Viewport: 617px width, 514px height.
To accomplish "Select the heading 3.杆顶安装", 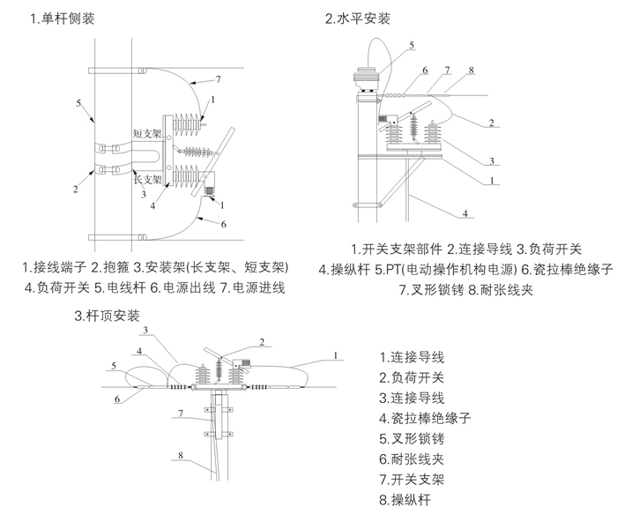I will coord(109,316).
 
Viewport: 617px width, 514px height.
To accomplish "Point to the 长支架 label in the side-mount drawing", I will coord(145,179).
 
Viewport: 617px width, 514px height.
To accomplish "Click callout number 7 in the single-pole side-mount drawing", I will coord(218,80).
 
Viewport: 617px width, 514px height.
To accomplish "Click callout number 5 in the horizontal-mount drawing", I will coord(411,44).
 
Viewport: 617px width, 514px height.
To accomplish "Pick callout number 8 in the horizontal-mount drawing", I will coord(472,70).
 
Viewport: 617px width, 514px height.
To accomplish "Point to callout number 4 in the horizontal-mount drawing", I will coord(465,212).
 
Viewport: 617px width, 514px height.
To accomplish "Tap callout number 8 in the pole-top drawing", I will coord(179,456).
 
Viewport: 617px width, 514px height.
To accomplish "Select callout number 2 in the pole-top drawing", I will coord(261,341).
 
